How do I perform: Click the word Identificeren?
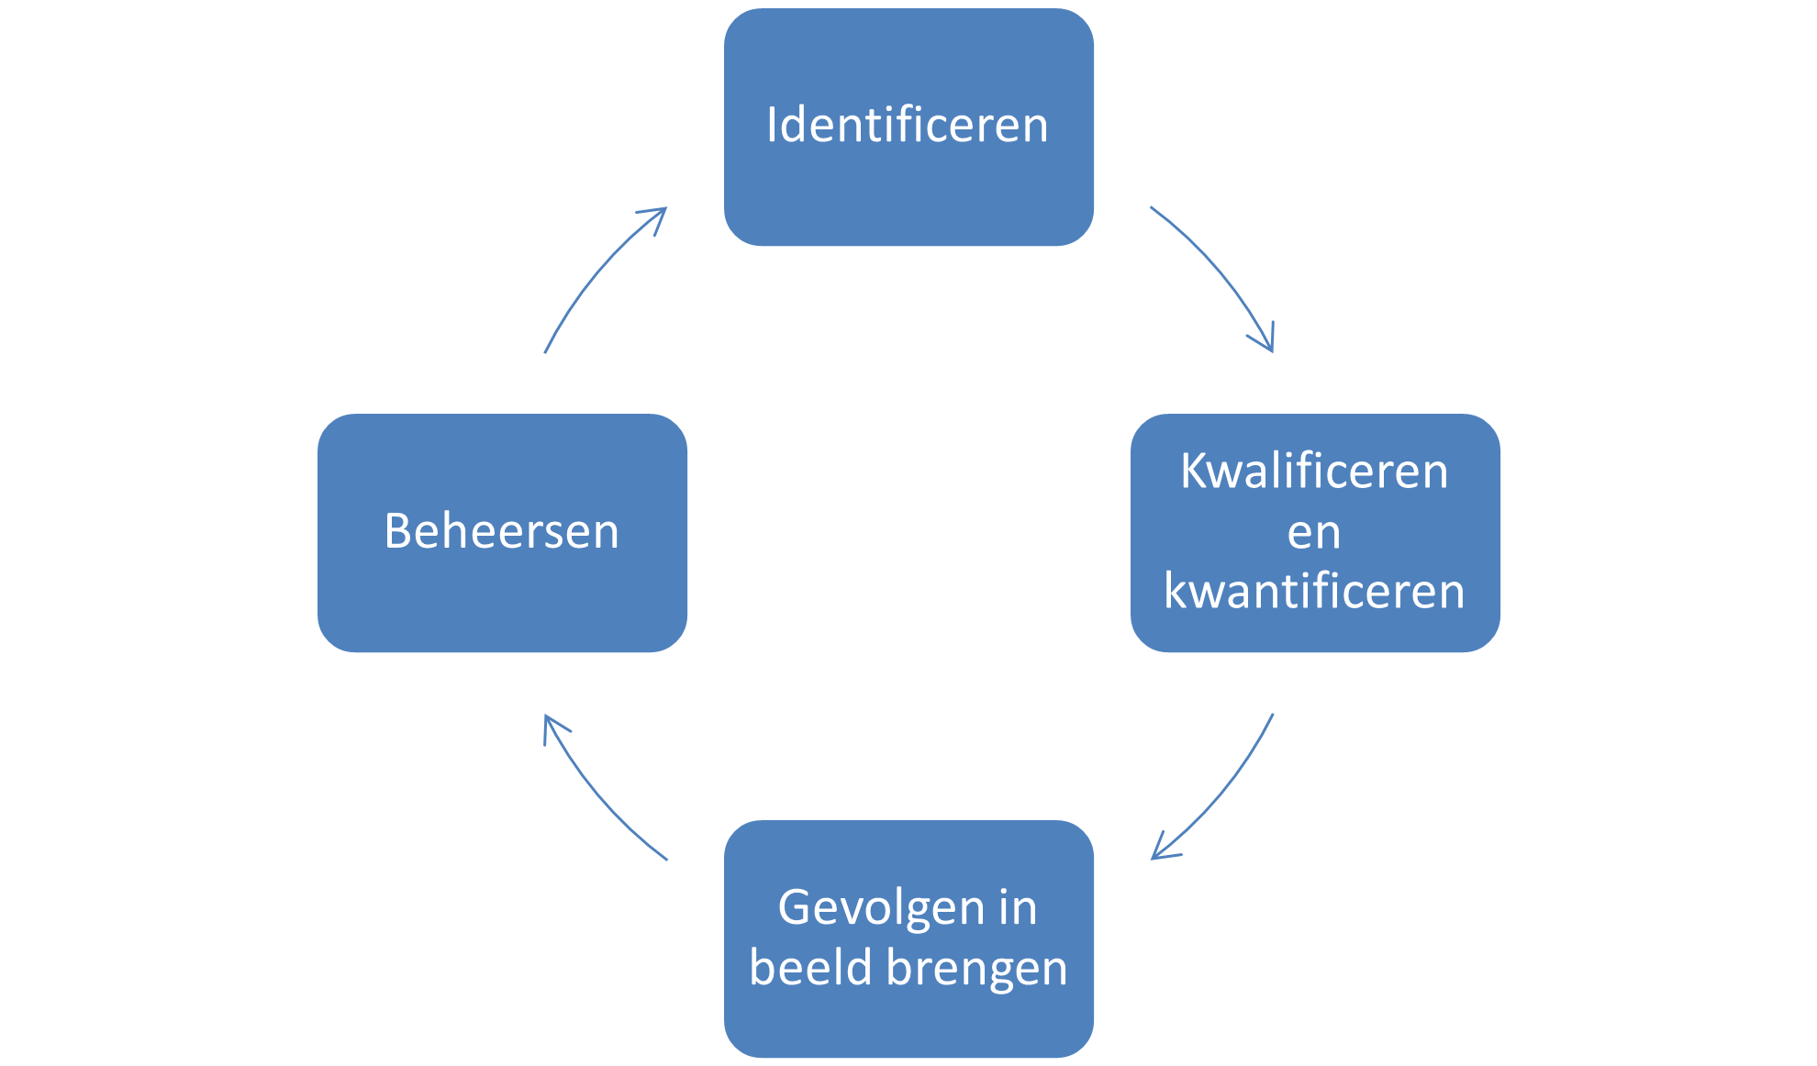pyautogui.click(x=907, y=125)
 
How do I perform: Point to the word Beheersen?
pyautogui.click(x=501, y=531)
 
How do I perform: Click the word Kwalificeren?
pyautogui.click(x=1314, y=472)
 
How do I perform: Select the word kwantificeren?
pyautogui.click(x=1314, y=591)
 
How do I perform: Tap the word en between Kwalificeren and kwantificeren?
pyautogui.click(x=1314, y=532)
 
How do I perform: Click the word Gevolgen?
pyautogui.click(x=868, y=908)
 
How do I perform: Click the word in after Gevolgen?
pyautogui.click(x=1018, y=908)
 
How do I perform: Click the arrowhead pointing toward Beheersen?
pyautogui.click(x=550, y=724)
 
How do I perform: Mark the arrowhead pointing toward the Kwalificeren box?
pyautogui.click(x=1267, y=342)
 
